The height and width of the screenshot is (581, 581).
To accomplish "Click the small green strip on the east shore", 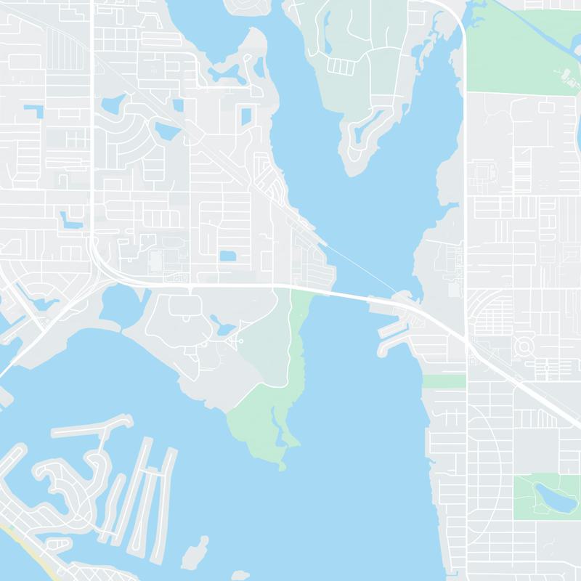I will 443,381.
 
